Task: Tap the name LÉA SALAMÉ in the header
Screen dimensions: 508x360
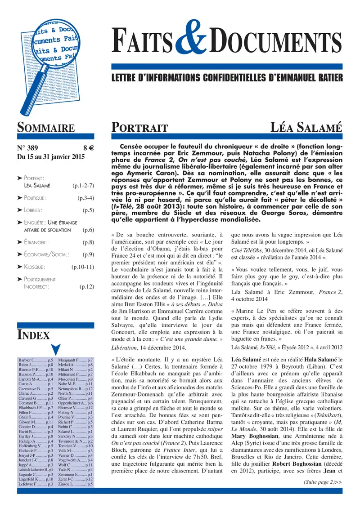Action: [309, 127]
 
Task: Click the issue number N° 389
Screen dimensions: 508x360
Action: [29, 148]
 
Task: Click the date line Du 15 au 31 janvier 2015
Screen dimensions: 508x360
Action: [50, 157]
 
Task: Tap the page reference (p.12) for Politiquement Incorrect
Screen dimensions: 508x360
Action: [86, 286]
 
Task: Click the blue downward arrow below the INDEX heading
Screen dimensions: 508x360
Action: [56, 349]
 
